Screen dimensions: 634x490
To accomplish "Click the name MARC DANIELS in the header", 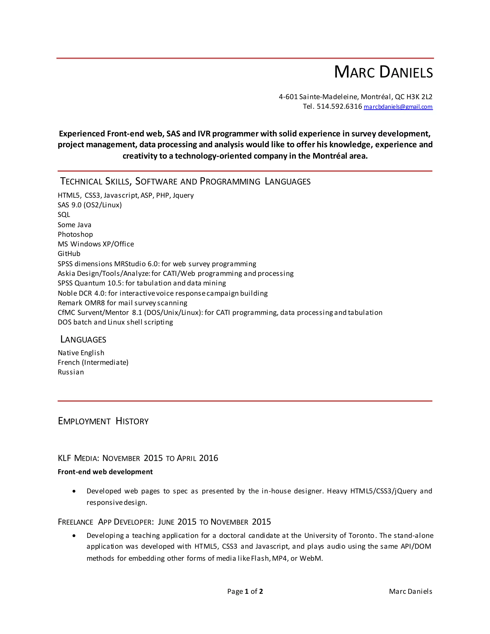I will [x=383, y=72].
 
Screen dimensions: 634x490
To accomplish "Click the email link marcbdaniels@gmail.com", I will [x=398, y=107].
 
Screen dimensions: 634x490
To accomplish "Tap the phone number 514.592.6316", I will [x=339, y=106].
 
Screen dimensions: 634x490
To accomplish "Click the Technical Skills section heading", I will [x=185, y=181].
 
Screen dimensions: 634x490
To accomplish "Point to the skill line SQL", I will [x=64, y=215].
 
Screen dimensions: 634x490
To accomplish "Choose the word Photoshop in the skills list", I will [x=75, y=234].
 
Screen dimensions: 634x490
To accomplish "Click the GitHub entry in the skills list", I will [x=69, y=254].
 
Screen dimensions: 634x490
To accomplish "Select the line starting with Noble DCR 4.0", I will [x=162, y=293].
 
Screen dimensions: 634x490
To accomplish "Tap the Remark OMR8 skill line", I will [x=122, y=303].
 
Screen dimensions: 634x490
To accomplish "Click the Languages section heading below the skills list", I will [x=83, y=340].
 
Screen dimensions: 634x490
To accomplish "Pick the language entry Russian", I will [x=71, y=372].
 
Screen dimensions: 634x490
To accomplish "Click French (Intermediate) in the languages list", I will [x=93, y=362].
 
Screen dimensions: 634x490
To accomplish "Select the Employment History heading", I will [x=103, y=421].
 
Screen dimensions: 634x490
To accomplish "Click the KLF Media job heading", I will [x=138, y=458].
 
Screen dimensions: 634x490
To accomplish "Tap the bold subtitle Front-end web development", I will [x=105, y=472].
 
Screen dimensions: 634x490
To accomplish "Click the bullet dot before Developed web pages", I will [x=74, y=491].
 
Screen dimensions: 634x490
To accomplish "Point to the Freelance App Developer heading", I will [x=164, y=522].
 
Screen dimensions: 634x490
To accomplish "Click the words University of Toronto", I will [x=340, y=536].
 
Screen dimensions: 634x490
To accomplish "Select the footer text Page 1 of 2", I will [x=245, y=592].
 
